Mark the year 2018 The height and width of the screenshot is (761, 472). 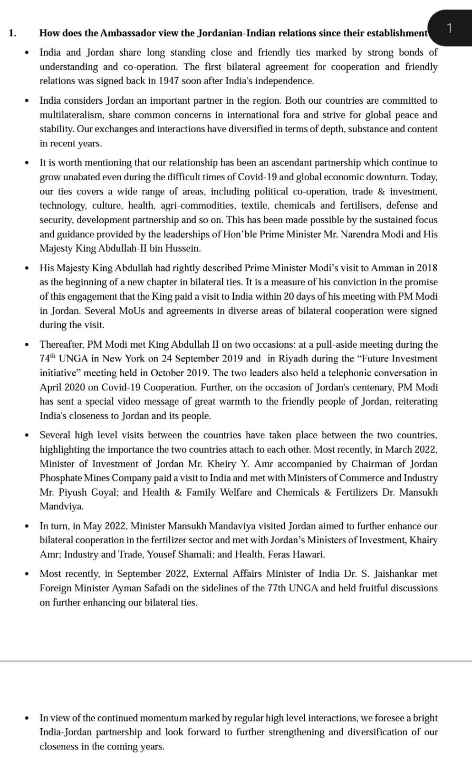(427, 268)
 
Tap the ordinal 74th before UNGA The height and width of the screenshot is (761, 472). (49, 358)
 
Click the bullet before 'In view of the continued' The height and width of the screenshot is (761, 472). (28, 718)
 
